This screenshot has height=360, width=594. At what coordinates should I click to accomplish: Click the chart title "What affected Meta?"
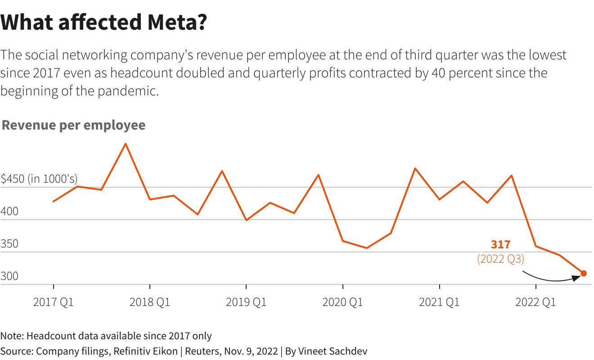(x=103, y=22)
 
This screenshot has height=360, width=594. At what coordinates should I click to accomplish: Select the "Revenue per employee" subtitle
(x=74, y=125)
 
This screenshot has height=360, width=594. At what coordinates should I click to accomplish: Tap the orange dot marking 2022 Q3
(x=584, y=273)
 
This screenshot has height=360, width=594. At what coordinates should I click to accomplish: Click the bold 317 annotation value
(x=500, y=245)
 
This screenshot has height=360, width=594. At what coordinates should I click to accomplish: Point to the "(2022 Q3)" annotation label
(x=500, y=259)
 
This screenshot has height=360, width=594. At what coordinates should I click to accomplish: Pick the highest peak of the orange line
(x=126, y=144)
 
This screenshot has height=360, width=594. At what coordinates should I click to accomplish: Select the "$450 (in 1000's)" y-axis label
(x=39, y=179)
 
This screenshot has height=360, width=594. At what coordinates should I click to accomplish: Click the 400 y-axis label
(x=9, y=211)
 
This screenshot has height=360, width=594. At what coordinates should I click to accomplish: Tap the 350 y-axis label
(x=9, y=244)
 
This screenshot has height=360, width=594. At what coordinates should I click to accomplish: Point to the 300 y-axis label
(x=9, y=276)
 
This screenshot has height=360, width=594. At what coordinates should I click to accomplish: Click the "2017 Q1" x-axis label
(x=54, y=302)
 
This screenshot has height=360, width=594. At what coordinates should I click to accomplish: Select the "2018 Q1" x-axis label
(x=150, y=302)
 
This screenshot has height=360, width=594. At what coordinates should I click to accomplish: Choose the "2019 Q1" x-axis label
(x=246, y=302)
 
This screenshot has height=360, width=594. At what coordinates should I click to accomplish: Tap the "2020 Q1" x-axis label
(x=343, y=302)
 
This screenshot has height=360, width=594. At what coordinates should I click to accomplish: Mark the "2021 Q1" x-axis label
(x=439, y=302)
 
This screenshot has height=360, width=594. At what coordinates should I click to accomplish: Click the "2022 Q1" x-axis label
(x=535, y=302)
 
